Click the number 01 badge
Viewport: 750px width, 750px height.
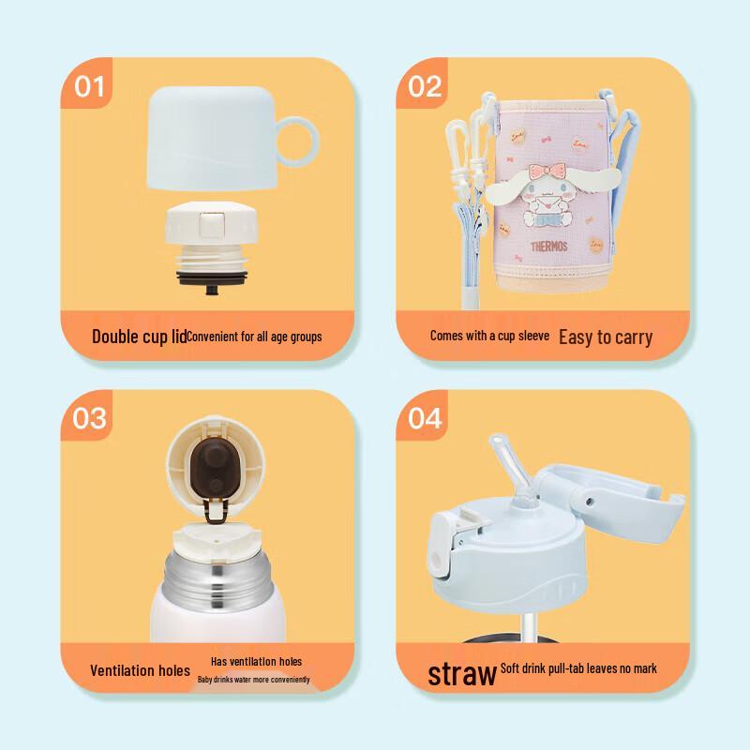89,86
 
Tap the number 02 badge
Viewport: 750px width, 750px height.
425,86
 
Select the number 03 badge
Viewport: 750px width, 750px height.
89,418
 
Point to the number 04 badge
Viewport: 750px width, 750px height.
425,418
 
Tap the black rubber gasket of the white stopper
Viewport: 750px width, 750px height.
212,277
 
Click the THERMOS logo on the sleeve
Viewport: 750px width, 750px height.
548,247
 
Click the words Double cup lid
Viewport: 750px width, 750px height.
139,337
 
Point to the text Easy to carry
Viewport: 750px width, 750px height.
606,337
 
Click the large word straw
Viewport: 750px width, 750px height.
461,673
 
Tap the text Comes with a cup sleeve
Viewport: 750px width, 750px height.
489,336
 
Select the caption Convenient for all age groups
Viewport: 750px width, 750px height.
254,337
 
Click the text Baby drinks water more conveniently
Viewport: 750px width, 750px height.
253,679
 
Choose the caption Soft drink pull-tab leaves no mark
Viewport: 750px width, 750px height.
578,668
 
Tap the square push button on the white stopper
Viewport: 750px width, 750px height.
212,225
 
